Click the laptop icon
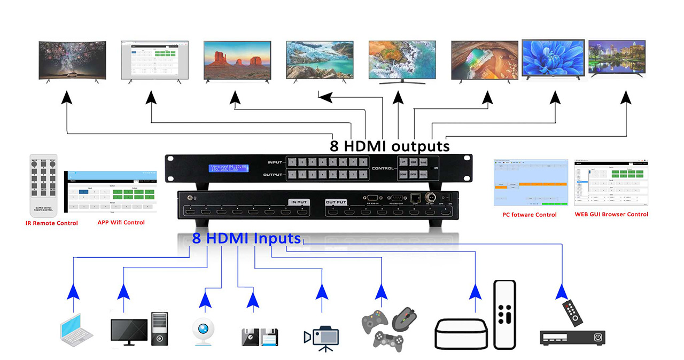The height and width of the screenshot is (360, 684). click(x=75, y=330)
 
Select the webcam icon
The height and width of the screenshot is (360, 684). click(x=206, y=331)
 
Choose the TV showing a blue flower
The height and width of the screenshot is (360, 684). click(x=553, y=59)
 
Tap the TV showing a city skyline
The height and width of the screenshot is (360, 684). click(x=617, y=58)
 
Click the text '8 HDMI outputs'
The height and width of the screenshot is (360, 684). click(x=390, y=146)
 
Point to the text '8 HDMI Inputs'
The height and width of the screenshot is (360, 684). click(x=246, y=238)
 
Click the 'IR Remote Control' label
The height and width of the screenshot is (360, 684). click(x=52, y=223)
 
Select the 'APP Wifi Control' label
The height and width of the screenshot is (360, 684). click(x=121, y=222)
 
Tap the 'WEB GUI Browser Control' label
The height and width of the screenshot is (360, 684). click(x=611, y=214)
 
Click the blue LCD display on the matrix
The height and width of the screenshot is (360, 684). click(x=229, y=168)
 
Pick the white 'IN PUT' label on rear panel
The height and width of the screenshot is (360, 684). click(x=299, y=202)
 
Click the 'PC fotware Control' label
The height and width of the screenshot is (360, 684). click(x=530, y=215)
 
